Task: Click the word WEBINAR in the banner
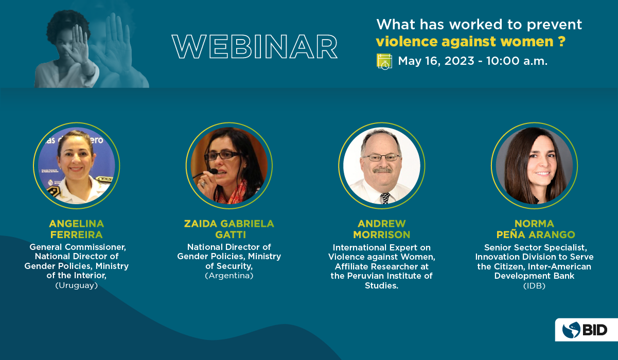tap(255, 47)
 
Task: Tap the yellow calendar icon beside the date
tap(384, 62)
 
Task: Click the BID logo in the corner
tap(586, 330)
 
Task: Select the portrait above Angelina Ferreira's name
tap(77, 166)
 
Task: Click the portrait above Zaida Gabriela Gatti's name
tap(229, 166)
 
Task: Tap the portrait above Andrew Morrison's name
tap(382, 166)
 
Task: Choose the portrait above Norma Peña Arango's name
tap(535, 166)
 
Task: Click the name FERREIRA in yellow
tap(77, 235)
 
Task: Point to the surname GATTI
tap(231, 235)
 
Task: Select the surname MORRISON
tap(382, 235)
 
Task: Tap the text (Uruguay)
tap(77, 285)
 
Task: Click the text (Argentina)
tap(229, 275)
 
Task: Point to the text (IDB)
tap(535, 285)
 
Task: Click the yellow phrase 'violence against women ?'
tap(471, 42)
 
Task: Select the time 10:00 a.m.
tap(517, 61)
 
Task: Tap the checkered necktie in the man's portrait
tap(385, 198)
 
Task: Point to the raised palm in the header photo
tap(79, 44)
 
